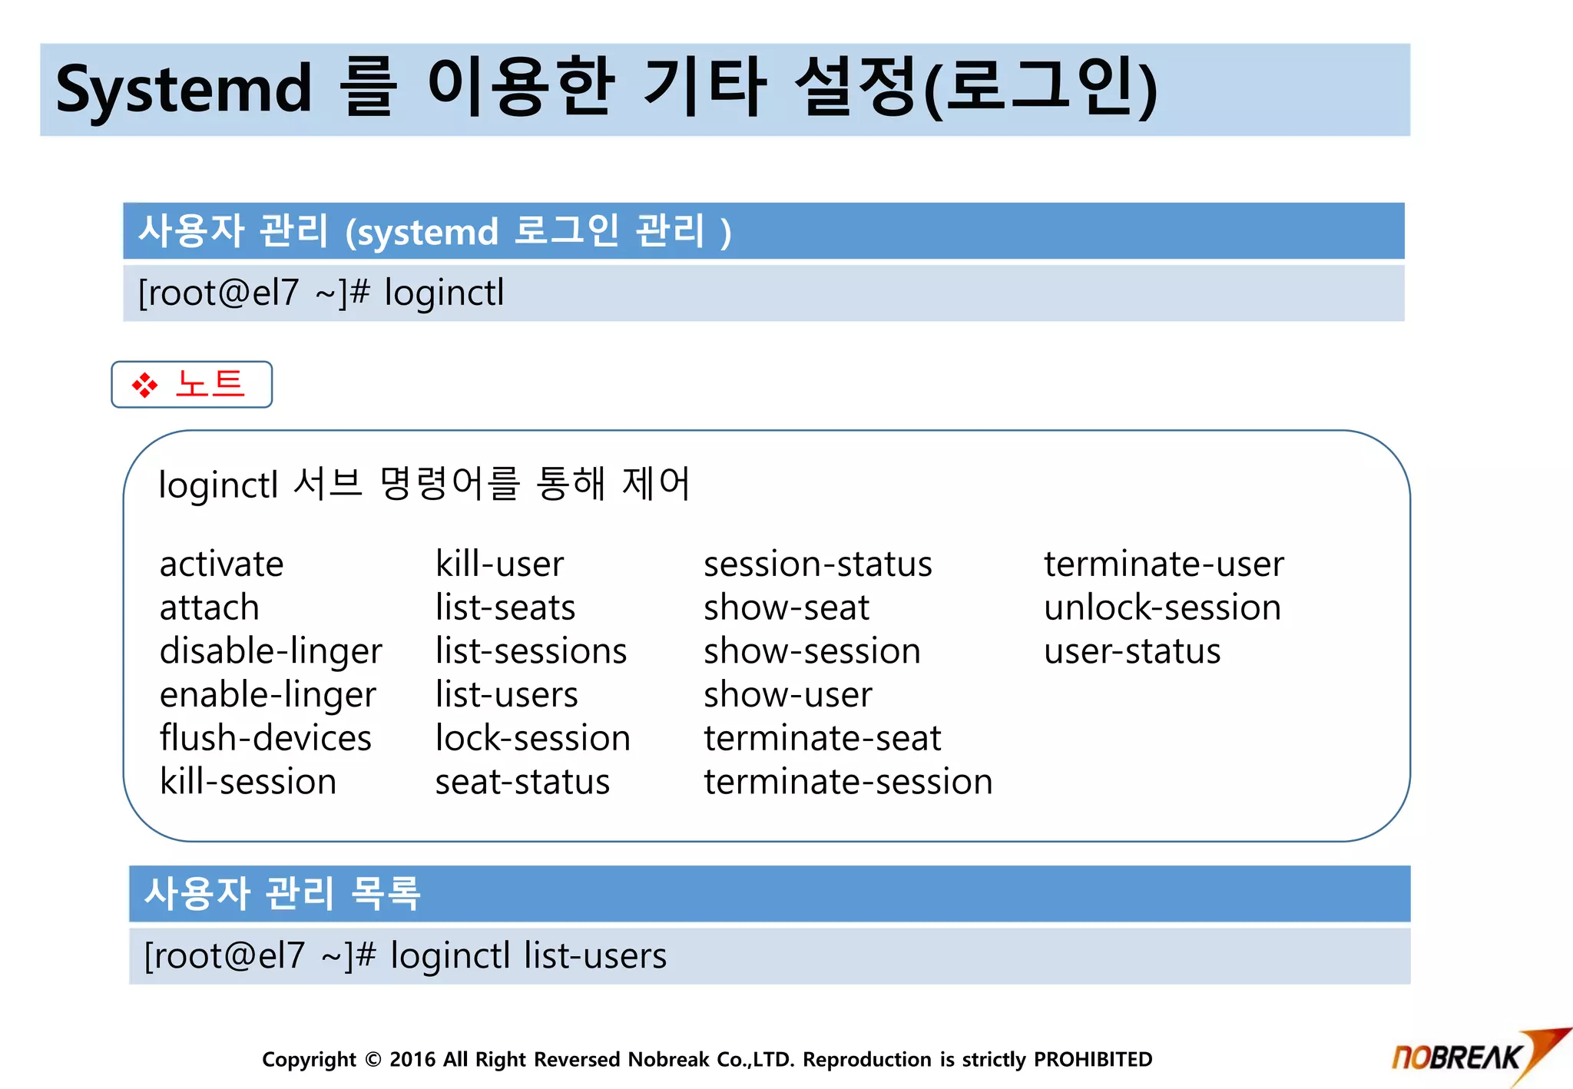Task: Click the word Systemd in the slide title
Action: [x=184, y=90]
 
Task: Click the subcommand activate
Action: [x=221, y=564]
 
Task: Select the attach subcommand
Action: [x=209, y=608]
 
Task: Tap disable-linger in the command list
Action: [x=270, y=652]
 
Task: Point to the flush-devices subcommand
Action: [x=265, y=739]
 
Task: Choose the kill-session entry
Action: [x=247, y=783]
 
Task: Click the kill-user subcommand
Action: [x=499, y=564]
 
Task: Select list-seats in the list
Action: [x=505, y=608]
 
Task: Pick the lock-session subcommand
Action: [x=532, y=739]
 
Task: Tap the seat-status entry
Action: [x=522, y=783]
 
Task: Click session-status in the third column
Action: [x=817, y=564]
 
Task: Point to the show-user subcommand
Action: [x=787, y=695]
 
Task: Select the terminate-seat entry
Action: [x=822, y=739]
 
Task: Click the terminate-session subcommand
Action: [x=848, y=783]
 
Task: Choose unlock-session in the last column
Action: [x=1162, y=608]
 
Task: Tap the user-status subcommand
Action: [x=1132, y=652]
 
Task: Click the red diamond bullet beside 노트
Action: [x=144, y=385]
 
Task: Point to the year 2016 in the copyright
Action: [x=412, y=1060]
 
